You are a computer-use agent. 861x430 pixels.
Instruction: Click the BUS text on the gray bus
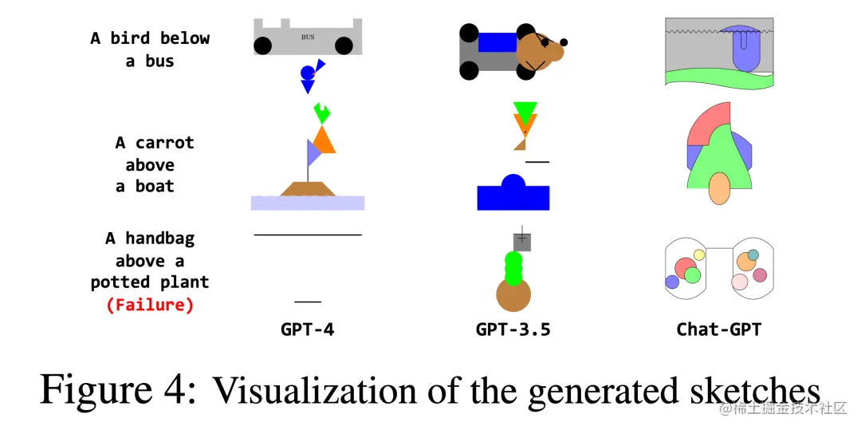click(308, 37)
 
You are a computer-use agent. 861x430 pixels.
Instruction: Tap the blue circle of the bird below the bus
click(307, 73)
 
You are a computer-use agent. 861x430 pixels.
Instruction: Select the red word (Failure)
click(150, 305)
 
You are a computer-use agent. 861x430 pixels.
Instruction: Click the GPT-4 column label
click(307, 329)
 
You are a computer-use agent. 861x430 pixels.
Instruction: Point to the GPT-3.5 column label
click(513, 329)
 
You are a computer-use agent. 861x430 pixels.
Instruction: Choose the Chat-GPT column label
click(718, 329)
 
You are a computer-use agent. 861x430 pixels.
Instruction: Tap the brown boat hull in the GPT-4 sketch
click(308, 188)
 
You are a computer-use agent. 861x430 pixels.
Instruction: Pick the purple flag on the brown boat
click(313, 152)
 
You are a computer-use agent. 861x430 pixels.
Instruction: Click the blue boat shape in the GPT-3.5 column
click(513, 196)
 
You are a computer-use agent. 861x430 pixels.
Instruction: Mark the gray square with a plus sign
click(522, 241)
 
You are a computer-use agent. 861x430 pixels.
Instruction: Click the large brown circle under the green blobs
click(513, 295)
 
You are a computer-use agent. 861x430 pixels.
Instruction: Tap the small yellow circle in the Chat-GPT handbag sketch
click(699, 255)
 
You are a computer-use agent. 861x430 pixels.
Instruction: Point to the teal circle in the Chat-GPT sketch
click(753, 254)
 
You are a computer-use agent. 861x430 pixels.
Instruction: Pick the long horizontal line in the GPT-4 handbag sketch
click(308, 235)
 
